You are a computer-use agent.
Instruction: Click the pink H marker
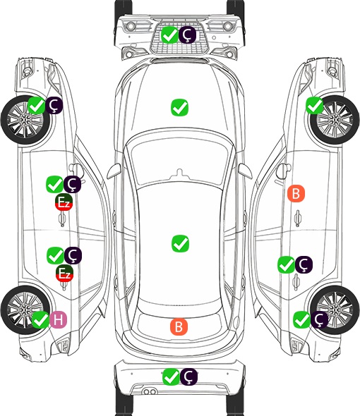tap(58, 319)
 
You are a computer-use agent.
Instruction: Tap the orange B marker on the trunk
tap(179, 326)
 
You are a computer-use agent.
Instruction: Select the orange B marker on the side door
tap(296, 194)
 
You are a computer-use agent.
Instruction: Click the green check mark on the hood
tap(179, 107)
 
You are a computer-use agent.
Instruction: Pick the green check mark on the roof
tap(180, 243)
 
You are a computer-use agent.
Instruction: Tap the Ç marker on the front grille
tap(187, 35)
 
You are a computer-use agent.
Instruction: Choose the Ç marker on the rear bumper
tap(188, 377)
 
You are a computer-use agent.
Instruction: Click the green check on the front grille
tap(169, 35)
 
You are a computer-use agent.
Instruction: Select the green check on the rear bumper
tap(171, 377)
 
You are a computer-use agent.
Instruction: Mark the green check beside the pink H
tap(40, 319)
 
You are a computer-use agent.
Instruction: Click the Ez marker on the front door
tap(64, 202)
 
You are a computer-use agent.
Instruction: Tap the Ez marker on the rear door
tap(64, 274)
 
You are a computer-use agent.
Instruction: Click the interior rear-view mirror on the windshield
tap(179, 173)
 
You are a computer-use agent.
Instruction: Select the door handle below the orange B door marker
tap(298, 218)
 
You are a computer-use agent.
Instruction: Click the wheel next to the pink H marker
tap(25, 310)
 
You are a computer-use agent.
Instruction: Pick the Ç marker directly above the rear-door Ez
tap(73, 255)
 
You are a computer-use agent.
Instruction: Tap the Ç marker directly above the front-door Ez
tap(72, 184)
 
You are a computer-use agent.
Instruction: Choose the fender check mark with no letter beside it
tap(315, 105)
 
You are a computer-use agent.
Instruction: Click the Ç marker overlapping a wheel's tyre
tap(319, 319)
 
